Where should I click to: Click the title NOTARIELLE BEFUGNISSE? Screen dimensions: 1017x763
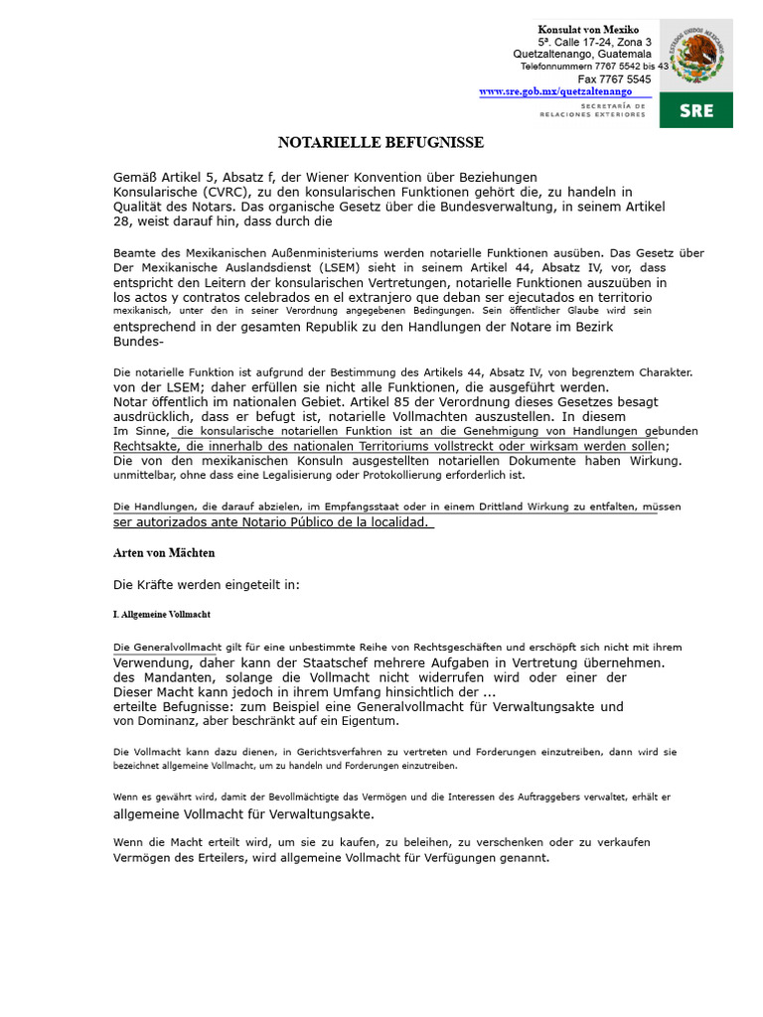tap(380, 143)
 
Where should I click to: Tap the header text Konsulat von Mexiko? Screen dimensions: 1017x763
tap(589, 29)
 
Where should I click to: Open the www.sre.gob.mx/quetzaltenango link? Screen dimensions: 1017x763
tap(555, 91)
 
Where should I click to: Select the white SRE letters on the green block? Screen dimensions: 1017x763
tap(695, 110)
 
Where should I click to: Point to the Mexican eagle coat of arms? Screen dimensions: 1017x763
tap(695, 54)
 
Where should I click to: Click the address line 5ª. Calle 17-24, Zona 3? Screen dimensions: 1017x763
tap(594, 42)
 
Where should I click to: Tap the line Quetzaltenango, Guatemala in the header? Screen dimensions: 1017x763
tap(582, 54)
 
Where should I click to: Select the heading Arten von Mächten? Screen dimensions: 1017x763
tap(164, 552)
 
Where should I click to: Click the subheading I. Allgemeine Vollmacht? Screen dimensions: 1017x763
tap(161, 615)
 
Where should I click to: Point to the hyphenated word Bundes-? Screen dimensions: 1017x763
tap(138, 341)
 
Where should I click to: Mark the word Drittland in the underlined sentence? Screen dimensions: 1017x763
tap(458, 507)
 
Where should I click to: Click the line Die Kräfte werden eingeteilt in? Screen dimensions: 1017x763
tap(207, 585)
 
